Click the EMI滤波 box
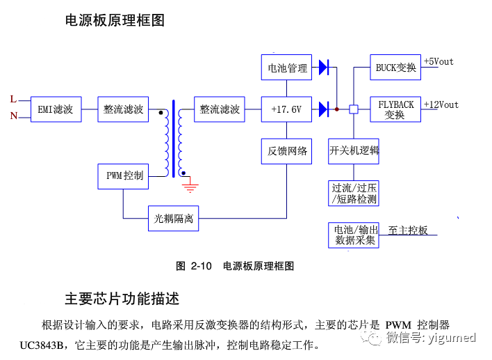pos(56,110)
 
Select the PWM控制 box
pos(124,175)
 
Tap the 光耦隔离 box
pos(174,219)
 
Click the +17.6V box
pos(286,110)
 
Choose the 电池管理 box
pos(286,68)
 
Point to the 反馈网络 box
pos(286,150)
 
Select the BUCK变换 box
pos(395,68)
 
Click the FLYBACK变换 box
pos(395,109)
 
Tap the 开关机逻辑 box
pos(354,150)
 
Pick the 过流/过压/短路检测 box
pos(354,193)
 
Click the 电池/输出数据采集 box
pos(354,235)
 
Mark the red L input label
pos(13,100)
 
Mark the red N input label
pos(13,116)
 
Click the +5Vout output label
pos(438,62)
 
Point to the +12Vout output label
pos(441,104)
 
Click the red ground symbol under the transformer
pos(190,186)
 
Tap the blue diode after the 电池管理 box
pos(323,68)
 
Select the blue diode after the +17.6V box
pos(323,109)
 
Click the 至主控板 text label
pos(408,230)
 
